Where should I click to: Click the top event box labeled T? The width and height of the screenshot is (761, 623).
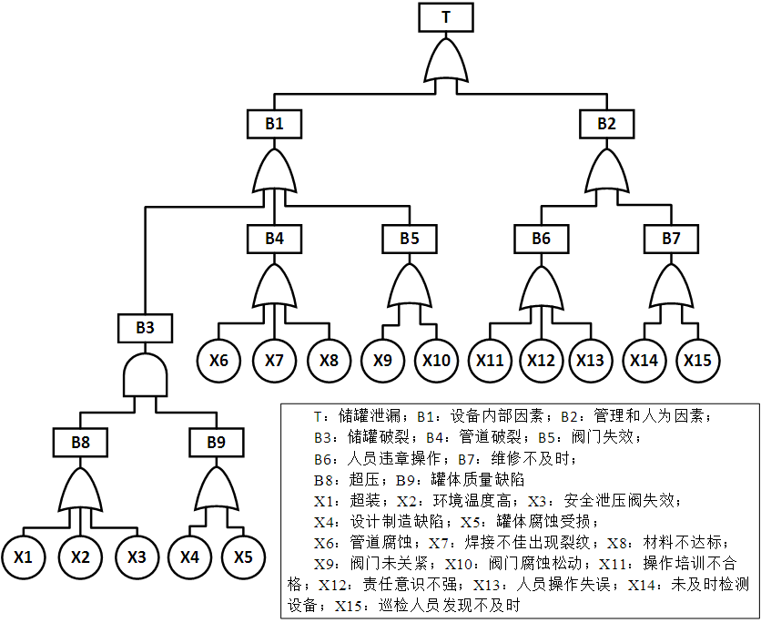[x=445, y=17]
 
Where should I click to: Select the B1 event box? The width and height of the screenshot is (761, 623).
[x=275, y=123]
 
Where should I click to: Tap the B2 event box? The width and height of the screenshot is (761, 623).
[x=606, y=123]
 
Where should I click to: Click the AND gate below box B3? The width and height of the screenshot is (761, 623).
[x=146, y=373]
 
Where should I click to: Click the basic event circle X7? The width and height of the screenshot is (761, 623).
[x=275, y=360]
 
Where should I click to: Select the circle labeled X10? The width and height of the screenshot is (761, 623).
[x=436, y=360]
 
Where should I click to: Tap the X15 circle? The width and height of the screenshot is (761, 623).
[x=697, y=360]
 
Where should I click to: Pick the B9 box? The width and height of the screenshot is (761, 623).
[x=216, y=443]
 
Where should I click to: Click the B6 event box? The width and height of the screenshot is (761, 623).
[x=542, y=240]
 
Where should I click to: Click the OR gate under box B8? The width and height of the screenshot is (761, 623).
[x=81, y=491]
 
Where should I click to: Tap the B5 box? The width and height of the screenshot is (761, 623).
[x=409, y=240]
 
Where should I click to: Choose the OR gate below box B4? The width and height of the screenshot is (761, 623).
[x=275, y=287]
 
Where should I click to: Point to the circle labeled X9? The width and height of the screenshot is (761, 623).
[x=382, y=360]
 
